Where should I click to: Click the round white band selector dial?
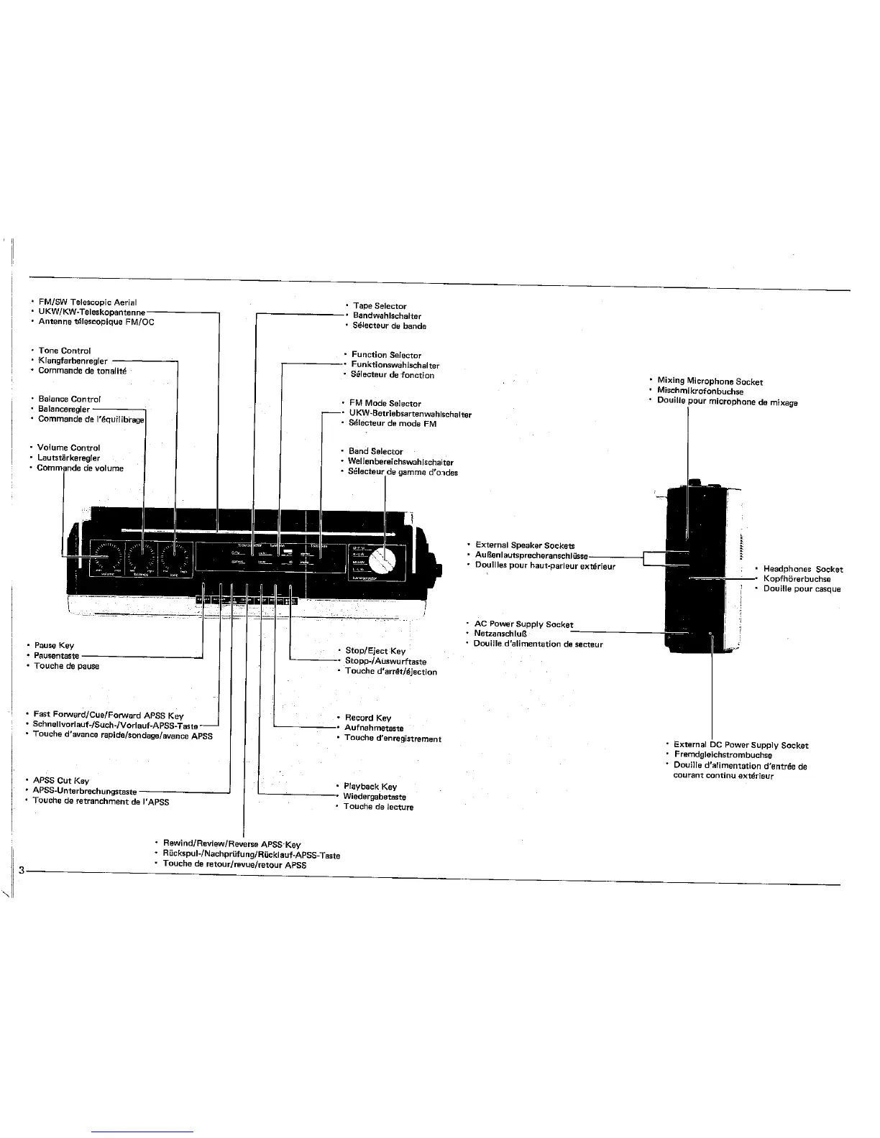pos(389,559)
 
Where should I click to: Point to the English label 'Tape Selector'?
pos(380,306)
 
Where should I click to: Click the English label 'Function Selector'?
pos(386,355)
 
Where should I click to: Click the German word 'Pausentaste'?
pos(57,656)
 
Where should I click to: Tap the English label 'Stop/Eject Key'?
pos(375,651)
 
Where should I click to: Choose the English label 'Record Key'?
pos(368,718)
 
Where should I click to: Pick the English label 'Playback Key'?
pos(370,787)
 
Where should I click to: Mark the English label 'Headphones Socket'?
pos(802,569)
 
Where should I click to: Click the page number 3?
pos(22,871)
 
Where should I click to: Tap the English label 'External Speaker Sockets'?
pos(525,546)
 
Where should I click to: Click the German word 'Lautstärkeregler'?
pos(68,458)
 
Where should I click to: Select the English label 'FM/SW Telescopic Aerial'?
pos(88,302)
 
